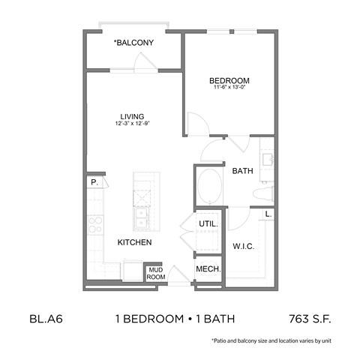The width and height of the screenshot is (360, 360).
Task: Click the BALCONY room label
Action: coord(134,43)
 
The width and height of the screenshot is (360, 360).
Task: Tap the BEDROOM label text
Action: coord(230,80)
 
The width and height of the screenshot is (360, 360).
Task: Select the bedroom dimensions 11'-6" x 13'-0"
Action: coord(230,88)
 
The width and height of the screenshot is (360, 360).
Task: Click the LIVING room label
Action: coord(133,116)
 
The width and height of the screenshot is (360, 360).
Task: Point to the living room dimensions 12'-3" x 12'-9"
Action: coord(133,124)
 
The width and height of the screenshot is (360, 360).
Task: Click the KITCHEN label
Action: coord(135,243)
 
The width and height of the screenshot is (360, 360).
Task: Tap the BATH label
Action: coord(242,171)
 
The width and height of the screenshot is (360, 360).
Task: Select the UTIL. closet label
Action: coord(208,223)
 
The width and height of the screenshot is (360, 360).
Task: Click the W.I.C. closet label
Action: coord(244,245)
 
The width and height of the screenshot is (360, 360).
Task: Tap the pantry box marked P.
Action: coord(94,182)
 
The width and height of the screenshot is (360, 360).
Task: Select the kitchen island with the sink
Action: coord(143,202)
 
